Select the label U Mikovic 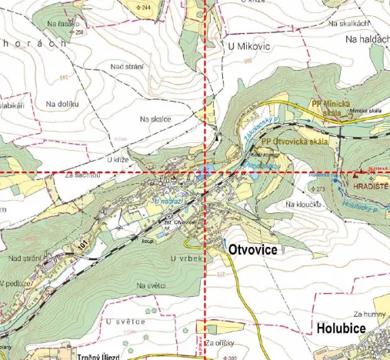point(249,47)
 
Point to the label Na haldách point(367,38)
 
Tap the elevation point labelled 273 point(320,188)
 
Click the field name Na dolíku point(62,103)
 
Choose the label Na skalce point(155,119)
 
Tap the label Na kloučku point(302,205)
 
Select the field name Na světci point(152,286)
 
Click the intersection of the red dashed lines point(205,173)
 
